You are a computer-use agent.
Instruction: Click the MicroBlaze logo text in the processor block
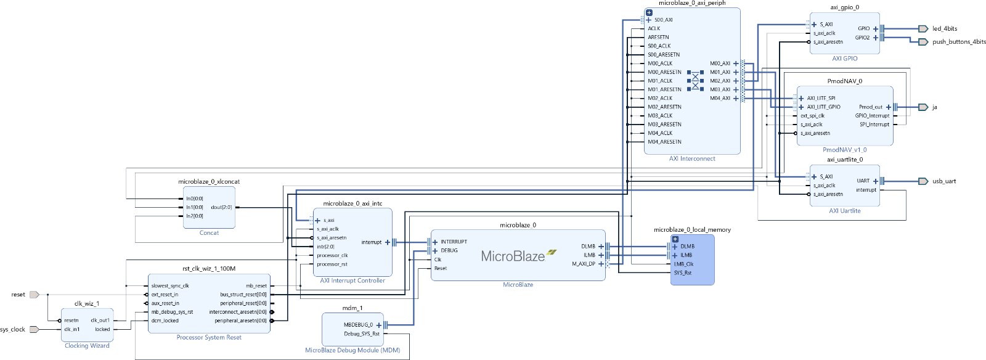[x=513, y=256]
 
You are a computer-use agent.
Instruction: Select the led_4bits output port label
[x=945, y=28]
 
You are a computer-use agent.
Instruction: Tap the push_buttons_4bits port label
[x=959, y=42]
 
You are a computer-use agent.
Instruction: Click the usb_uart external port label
[x=944, y=181]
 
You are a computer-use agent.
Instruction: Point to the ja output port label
[x=934, y=107]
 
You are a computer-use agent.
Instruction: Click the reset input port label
[x=18, y=295]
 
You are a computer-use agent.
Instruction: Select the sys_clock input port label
[x=13, y=329]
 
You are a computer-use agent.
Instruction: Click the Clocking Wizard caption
[x=87, y=346]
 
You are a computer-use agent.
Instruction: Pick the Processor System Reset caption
[x=209, y=337]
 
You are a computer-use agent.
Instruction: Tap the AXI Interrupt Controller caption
[x=352, y=280]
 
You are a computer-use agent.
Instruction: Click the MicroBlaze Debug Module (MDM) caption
[x=352, y=350]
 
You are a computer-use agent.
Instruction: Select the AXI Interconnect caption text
[x=692, y=158]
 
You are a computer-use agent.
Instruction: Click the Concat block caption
[x=209, y=233]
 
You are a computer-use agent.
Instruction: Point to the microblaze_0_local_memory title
[x=692, y=230]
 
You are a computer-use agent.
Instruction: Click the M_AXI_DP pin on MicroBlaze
[x=584, y=264]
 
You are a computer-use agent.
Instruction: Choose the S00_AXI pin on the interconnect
[x=663, y=20]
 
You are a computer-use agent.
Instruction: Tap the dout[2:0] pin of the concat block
[x=221, y=207]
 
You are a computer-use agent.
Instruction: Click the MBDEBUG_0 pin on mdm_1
[x=359, y=325]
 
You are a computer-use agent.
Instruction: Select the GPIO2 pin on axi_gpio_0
[x=862, y=38]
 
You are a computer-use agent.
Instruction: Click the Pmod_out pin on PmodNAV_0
[x=871, y=107]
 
